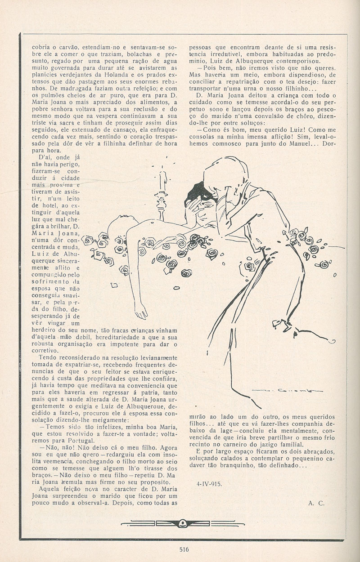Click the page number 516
coord(183,549)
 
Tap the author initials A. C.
coord(316,504)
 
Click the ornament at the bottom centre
coord(183,523)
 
